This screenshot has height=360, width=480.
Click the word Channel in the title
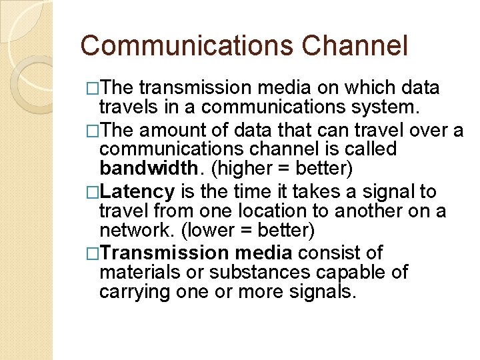point(354,46)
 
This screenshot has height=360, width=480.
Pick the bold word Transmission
point(165,253)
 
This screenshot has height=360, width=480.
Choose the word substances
point(271,272)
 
